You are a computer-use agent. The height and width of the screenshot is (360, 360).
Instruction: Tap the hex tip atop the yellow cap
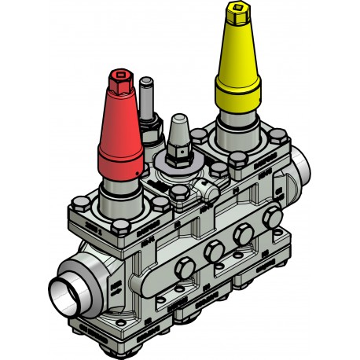[x=235, y=13]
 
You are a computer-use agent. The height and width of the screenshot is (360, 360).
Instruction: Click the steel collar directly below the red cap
[x=119, y=192]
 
